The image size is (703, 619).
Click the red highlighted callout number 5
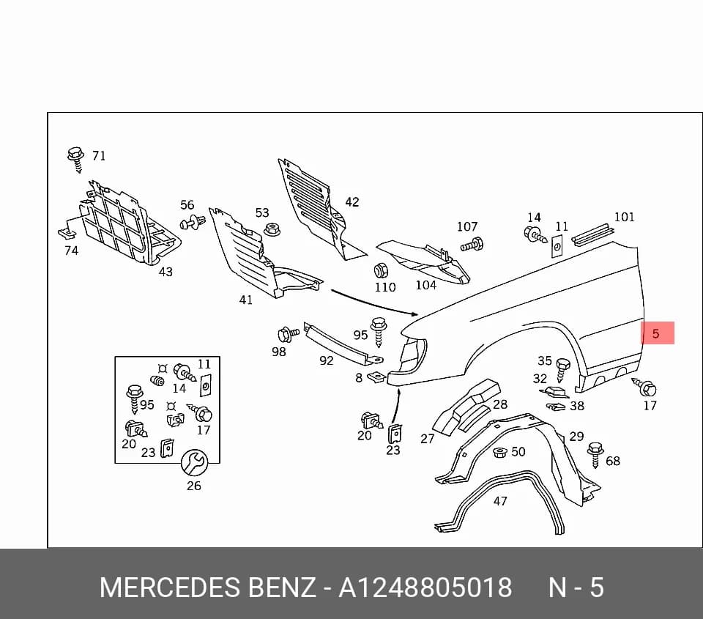pyautogui.click(x=656, y=333)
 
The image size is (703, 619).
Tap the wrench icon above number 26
pyautogui.click(x=194, y=462)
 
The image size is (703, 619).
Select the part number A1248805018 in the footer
pyautogui.click(x=425, y=588)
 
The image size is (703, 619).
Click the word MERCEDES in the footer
pyautogui.click(x=170, y=588)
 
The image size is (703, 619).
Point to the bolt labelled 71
pyautogui.click(x=75, y=159)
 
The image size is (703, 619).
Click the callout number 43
pyautogui.click(x=165, y=271)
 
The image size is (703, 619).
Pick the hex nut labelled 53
pyautogui.click(x=272, y=229)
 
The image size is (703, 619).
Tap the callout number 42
pyautogui.click(x=352, y=202)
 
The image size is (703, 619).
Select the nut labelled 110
pyautogui.click(x=381, y=270)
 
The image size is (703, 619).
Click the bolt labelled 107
pyautogui.click(x=472, y=245)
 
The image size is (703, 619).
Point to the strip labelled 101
pyautogui.click(x=592, y=235)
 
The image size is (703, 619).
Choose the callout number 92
pyautogui.click(x=327, y=360)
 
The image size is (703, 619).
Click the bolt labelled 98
pyautogui.click(x=288, y=335)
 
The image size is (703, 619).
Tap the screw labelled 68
pyautogui.click(x=595, y=455)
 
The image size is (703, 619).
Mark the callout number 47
pyautogui.click(x=500, y=500)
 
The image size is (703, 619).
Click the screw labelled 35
pyautogui.click(x=562, y=370)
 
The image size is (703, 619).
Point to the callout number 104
pyautogui.click(x=425, y=285)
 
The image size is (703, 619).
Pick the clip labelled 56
pyautogui.click(x=193, y=222)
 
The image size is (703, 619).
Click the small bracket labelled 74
pyautogui.click(x=67, y=233)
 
